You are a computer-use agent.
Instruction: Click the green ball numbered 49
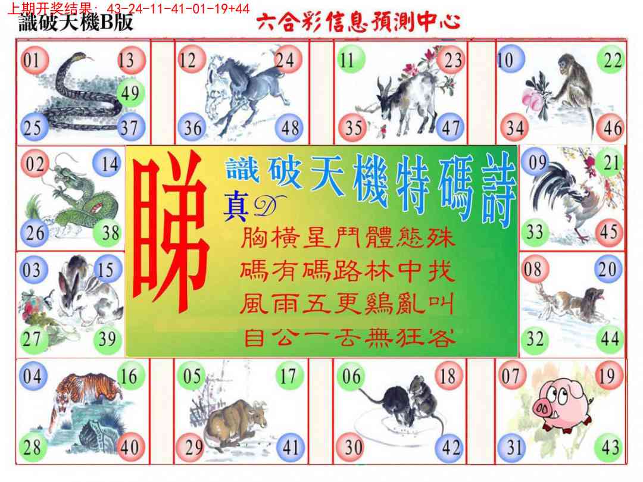pos(131,93)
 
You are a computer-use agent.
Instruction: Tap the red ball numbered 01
pos(34,60)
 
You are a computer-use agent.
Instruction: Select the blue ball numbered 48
pos(290,129)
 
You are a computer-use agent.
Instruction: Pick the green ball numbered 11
pos(351,60)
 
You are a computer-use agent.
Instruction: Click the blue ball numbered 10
pos(510,60)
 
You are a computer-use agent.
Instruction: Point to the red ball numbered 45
pos(609,233)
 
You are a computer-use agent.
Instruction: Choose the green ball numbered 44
pos(610,339)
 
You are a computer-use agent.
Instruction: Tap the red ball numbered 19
pos(608,375)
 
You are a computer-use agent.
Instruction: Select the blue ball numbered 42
pos(450,447)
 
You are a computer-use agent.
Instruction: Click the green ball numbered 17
pos(289,375)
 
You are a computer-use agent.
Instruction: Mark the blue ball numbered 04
pos(33,376)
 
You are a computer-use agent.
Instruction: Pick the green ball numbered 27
pos(32,340)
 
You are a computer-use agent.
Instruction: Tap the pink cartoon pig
pos(562,406)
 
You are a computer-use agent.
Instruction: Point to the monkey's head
pos(567,64)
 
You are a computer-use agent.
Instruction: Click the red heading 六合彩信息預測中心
pos(358,21)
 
